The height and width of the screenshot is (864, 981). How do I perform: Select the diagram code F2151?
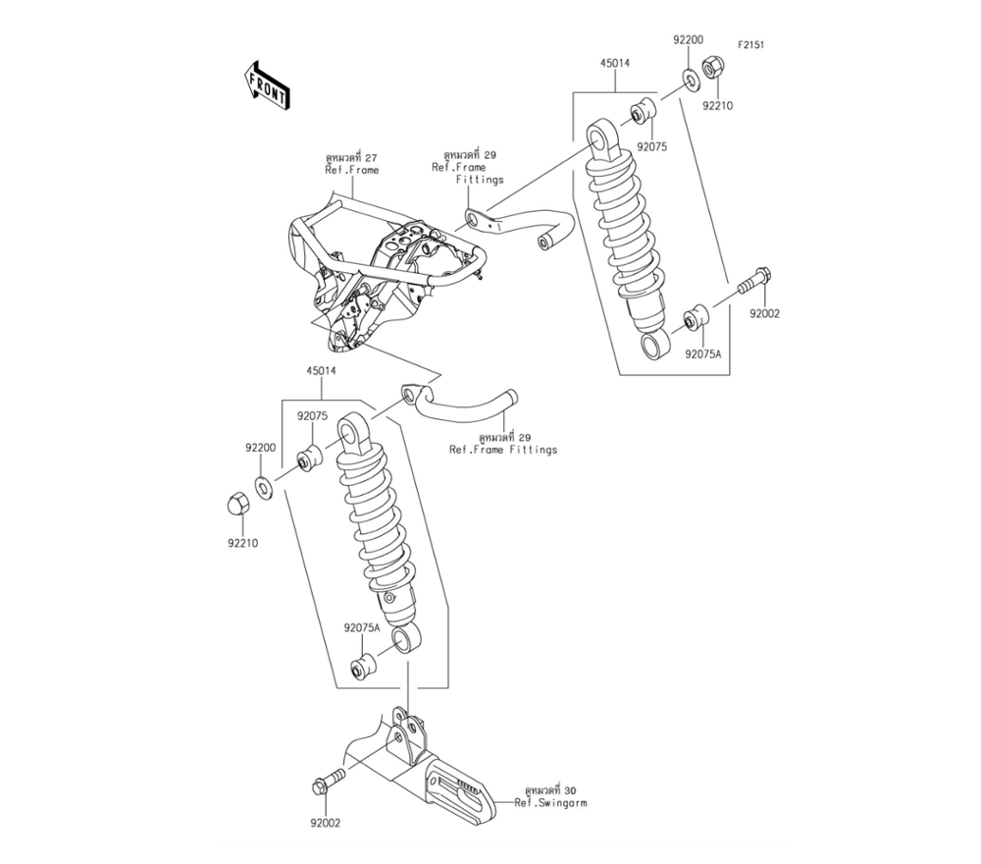[x=752, y=45]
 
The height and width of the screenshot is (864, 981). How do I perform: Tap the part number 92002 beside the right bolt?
[x=764, y=314]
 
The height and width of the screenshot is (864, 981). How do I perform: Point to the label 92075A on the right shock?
[x=702, y=352]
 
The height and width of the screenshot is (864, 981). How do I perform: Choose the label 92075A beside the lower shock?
[x=361, y=626]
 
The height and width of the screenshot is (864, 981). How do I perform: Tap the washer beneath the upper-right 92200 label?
[x=688, y=78]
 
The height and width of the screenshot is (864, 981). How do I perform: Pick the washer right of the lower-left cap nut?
[x=265, y=484]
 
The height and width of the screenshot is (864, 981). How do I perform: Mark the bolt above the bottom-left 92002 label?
[x=328, y=783]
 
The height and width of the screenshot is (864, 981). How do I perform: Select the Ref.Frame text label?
[x=352, y=170]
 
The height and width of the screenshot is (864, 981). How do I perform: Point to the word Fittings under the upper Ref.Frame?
[x=480, y=180]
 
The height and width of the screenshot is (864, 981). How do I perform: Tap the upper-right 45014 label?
[x=615, y=63]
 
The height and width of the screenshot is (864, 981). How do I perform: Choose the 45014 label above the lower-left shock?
[x=321, y=372]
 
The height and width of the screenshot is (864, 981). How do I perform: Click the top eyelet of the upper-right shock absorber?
[x=599, y=135]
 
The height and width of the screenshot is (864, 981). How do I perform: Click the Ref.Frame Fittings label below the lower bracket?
[x=502, y=450]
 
